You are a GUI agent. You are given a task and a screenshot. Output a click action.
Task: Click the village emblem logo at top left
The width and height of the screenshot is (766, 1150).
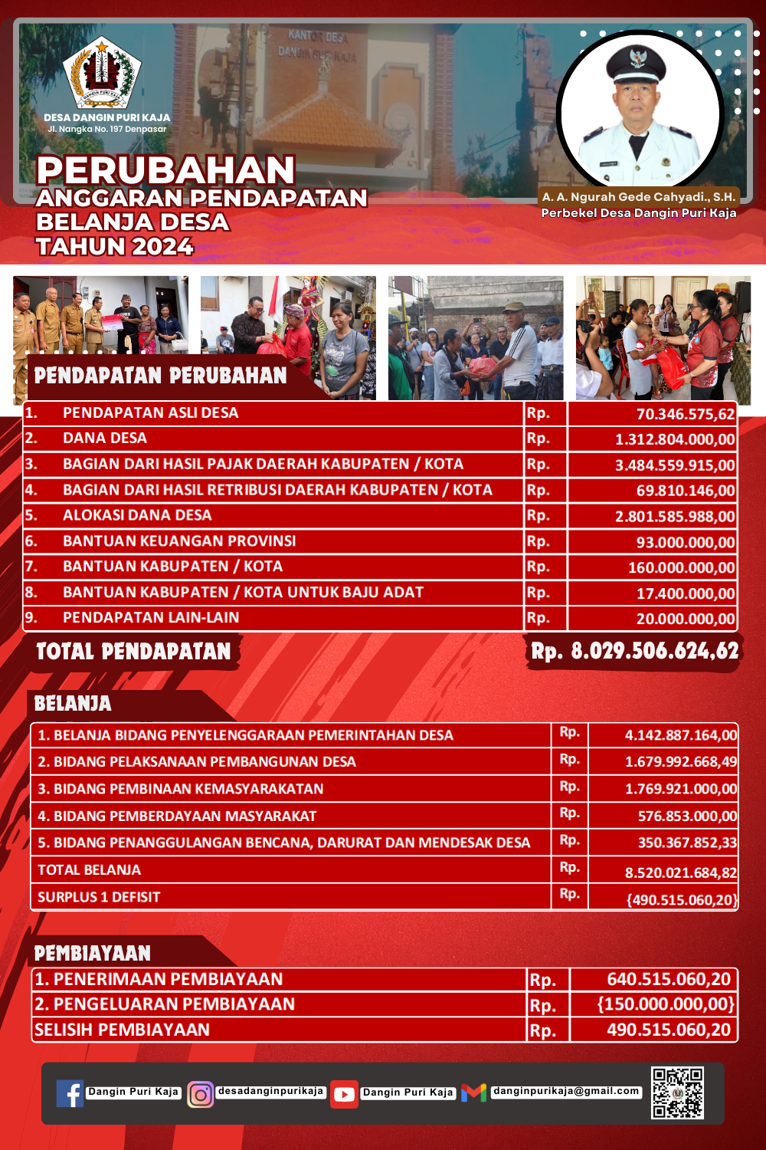(102, 73)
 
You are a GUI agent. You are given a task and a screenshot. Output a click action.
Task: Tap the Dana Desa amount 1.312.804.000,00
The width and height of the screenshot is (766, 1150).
(675, 439)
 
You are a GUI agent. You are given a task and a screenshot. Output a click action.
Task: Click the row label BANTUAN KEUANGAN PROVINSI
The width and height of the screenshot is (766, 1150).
(179, 541)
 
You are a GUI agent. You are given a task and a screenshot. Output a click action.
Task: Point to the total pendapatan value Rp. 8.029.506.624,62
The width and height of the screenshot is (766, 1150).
(635, 652)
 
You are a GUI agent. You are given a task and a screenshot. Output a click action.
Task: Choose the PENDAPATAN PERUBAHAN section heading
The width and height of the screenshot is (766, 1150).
(161, 376)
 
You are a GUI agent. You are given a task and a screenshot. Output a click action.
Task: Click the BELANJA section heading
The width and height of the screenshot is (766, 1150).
(73, 703)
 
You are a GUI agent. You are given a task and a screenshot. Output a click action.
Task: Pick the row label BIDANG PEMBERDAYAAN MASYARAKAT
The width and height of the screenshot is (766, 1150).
(177, 816)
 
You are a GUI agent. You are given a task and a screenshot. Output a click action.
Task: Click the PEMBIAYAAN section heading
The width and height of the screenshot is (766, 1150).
(93, 953)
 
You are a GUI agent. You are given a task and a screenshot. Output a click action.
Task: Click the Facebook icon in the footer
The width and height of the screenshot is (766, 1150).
(70, 1093)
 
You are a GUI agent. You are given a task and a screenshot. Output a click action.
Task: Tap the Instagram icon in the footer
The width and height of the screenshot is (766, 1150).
(201, 1094)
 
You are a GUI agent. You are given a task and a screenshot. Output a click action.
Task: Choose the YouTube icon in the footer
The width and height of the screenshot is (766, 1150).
(344, 1094)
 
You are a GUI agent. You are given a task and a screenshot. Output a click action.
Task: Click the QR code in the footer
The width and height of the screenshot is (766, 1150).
(677, 1092)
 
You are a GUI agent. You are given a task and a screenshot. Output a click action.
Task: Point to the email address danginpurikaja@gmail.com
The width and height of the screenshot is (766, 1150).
(566, 1091)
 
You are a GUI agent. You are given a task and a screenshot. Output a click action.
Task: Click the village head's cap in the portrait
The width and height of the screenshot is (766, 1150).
(638, 61)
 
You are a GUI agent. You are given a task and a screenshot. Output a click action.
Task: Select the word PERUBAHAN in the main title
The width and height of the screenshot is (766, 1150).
(165, 170)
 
